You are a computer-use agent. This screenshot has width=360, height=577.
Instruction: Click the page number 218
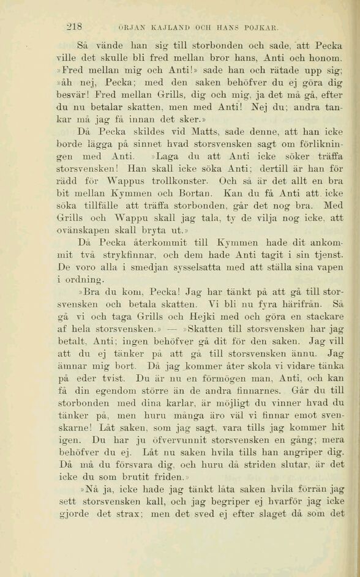[x=74, y=26]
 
